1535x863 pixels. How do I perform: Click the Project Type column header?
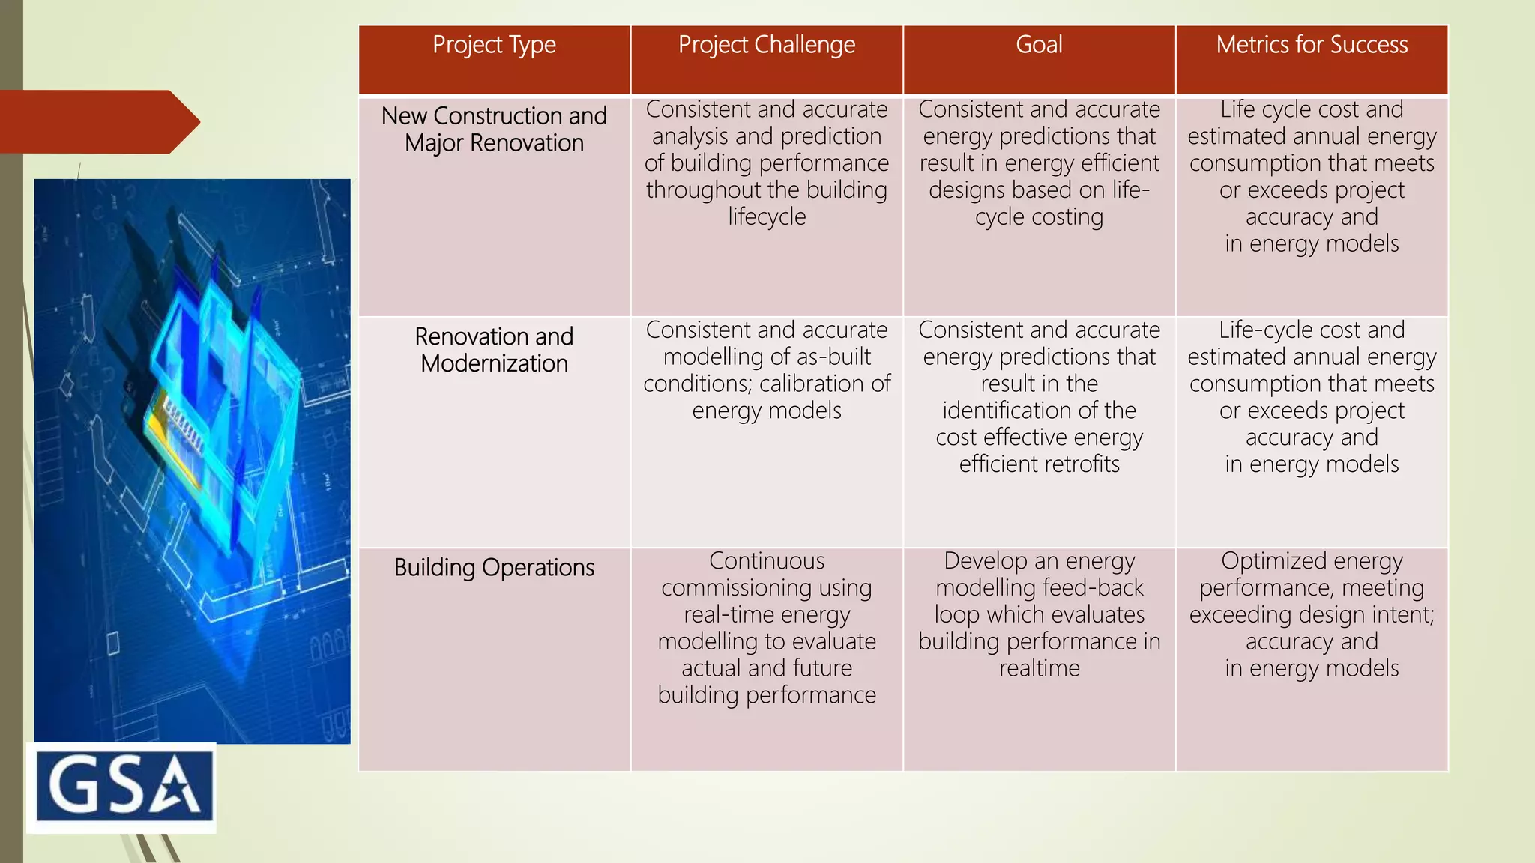494,46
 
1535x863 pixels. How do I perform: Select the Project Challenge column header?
766,46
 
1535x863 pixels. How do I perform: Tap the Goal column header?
1039,45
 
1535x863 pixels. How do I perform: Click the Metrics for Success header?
1312,45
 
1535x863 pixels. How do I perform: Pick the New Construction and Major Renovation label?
494,129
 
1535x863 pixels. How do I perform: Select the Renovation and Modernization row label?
494,350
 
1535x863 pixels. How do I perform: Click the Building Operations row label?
494,568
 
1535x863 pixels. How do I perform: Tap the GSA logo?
122,787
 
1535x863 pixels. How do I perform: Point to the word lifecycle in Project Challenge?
767,217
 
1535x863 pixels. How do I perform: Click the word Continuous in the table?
767,561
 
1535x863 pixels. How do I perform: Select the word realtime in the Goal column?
1039,668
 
